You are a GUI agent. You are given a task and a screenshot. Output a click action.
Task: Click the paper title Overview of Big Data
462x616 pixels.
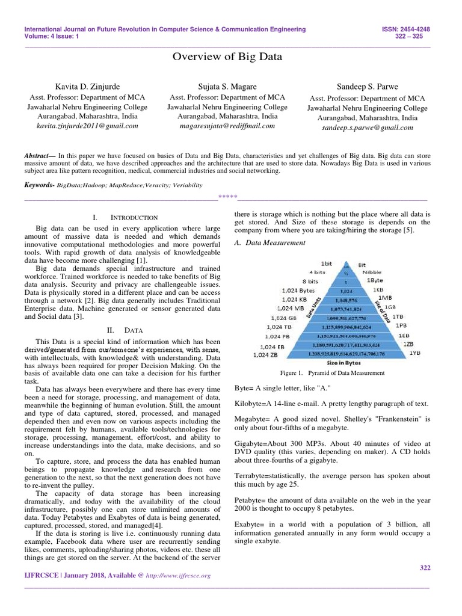(227, 57)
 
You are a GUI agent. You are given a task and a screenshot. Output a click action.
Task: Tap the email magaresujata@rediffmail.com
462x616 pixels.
(227, 126)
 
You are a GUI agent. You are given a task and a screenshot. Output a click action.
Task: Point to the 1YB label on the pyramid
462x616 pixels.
(415, 354)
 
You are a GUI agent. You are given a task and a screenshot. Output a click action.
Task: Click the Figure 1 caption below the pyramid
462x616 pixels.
(331, 374)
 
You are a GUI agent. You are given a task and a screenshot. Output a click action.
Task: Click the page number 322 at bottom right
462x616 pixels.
(423, 567)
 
